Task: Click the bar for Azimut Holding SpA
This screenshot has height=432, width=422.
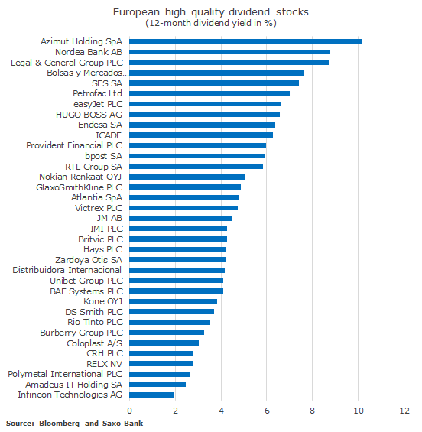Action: [x=245, y=41]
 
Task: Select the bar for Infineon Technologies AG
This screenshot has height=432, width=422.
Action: [x=152, y=395]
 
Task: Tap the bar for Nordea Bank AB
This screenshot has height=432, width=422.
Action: [x=230, y=52]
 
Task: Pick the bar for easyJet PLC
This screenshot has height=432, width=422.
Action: [x=205, y=104]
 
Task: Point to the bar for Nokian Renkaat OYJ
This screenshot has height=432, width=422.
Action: [x=187, y=177]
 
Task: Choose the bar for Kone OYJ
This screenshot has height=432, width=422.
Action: [x=173, y=301]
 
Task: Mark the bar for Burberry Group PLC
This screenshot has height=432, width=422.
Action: [x=167, y=333]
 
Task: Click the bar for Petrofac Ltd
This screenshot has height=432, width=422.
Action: [x=209, y=94]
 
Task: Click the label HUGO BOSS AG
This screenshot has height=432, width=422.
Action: [x=89, y=115]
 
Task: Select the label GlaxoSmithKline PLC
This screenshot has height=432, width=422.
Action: [x=79, y=187]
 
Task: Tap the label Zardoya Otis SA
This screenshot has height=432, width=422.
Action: [x=89, y=260]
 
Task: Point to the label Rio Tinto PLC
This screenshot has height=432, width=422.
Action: [x=95, y=322]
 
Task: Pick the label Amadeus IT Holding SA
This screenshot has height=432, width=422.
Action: [x=74, y=385]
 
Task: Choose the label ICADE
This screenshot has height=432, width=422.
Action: [x=109, y=135]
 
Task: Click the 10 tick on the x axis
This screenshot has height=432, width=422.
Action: [x=358, y=411]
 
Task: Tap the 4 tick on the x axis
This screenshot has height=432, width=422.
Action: [x=221, y=411]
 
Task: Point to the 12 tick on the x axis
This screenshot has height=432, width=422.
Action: [x=404, y=411]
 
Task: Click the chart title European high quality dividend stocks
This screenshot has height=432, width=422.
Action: [x=211, y=12]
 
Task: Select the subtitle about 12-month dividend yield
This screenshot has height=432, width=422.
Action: [x=211, y=23]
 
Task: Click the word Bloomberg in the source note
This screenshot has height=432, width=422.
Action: [x=59, y=424]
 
